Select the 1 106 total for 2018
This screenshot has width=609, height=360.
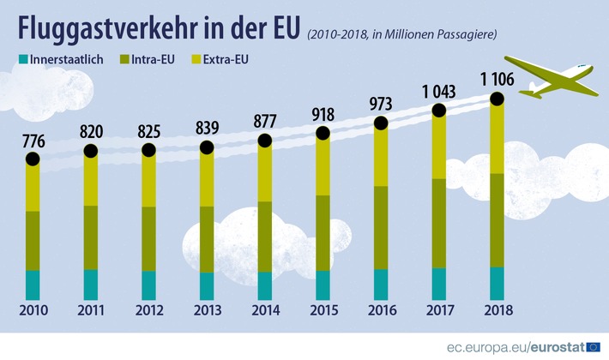(496, 81)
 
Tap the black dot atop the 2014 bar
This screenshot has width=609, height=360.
(264, 140)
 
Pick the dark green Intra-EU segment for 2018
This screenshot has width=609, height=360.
(496, 220)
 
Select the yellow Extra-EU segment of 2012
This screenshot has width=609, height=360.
(148, 180)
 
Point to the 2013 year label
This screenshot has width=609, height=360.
(207, 309)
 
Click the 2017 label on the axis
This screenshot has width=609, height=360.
(438, 309)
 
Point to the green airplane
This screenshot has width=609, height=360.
(552, 75)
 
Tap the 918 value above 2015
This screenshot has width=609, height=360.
(323, 115)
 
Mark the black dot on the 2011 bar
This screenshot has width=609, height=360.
(91, 151)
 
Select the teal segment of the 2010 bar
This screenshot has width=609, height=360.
(33, 284)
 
